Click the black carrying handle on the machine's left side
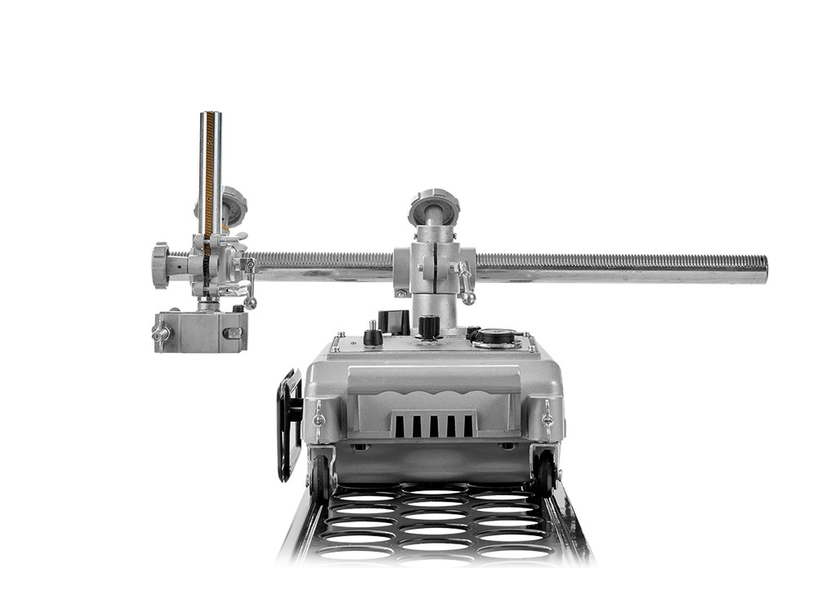click(287, 425)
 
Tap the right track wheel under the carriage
click(544, 473)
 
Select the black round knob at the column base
click(425, 327)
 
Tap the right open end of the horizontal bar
click(764, 269)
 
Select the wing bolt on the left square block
click(158, 332)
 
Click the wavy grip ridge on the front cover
click(433, 393)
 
